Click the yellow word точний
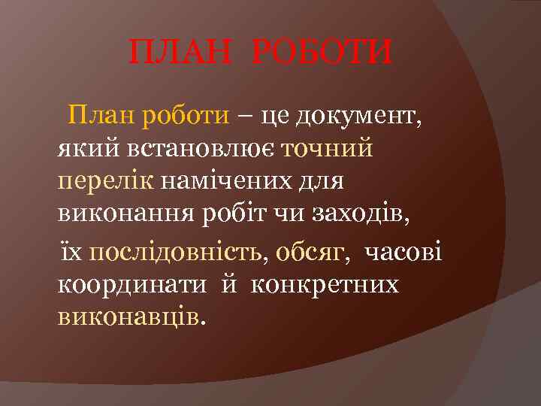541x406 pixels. [x=328, y=149]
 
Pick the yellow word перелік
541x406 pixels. [x=106, y=182]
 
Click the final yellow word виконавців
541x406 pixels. [x=128, y=316]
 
